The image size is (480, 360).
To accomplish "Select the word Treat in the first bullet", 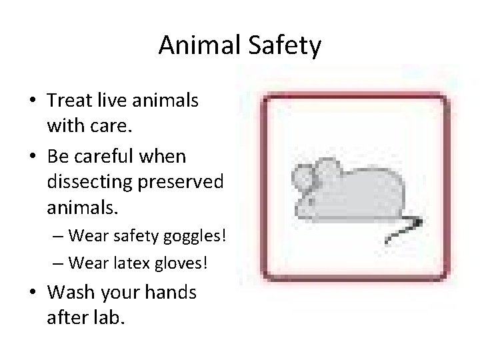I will point(69,101).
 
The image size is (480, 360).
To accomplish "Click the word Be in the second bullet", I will point(59,156).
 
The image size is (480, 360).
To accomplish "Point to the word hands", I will point(169,292).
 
